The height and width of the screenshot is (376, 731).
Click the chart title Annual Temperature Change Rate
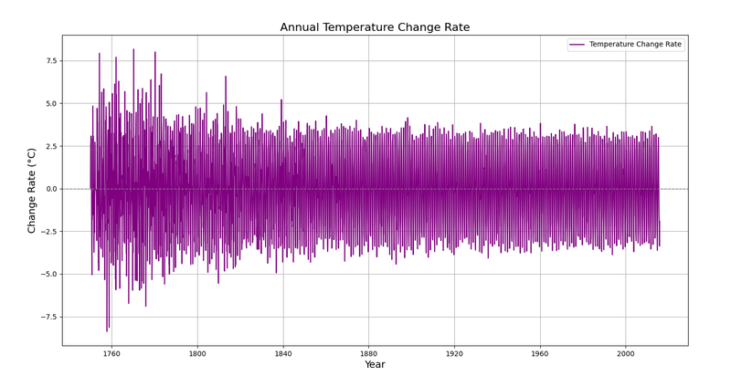375,27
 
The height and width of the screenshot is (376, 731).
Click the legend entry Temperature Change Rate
635,44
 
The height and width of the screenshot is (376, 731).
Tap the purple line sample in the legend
577,44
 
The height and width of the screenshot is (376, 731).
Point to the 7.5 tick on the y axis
50,61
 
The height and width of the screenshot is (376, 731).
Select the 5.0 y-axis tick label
50,103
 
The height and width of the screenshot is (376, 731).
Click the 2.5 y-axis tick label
50,146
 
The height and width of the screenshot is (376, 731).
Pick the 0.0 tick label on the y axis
50,189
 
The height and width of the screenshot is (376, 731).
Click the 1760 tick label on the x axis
111,354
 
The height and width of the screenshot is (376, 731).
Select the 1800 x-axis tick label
197,354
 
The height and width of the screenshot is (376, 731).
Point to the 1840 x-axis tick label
283,354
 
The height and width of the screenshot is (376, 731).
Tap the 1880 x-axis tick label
369,354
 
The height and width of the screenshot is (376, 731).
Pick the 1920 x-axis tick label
454,354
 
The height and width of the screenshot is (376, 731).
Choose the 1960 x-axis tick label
540,354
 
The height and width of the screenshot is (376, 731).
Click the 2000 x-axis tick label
626,354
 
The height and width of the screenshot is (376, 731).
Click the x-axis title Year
375,364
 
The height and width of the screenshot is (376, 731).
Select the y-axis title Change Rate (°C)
31,191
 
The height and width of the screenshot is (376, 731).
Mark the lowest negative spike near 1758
107,331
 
